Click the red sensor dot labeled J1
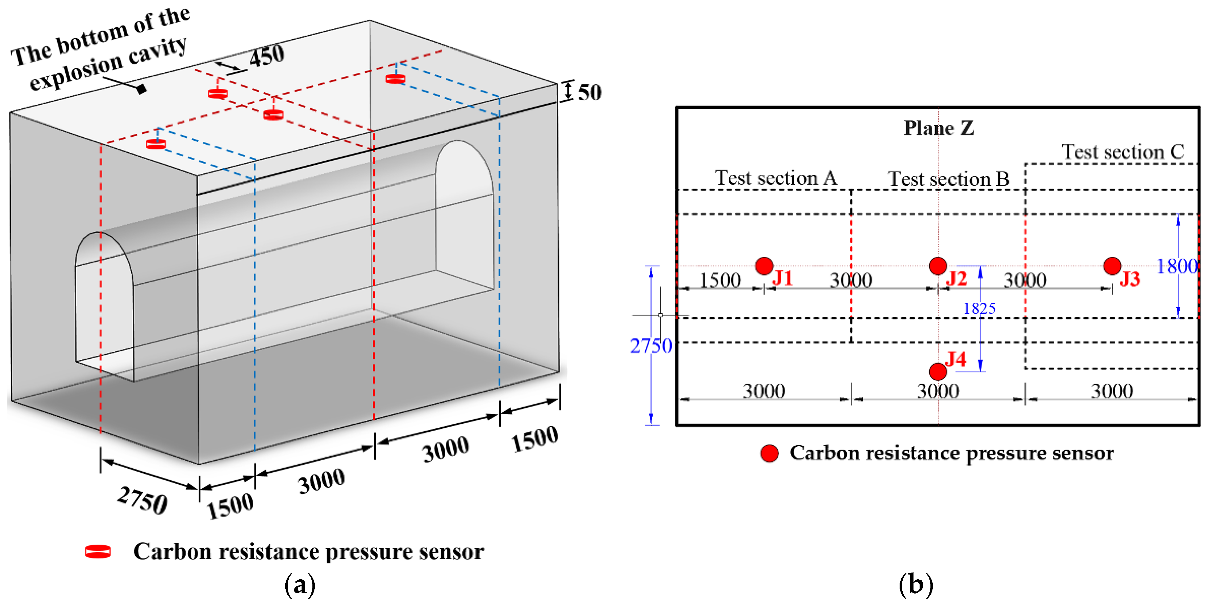coord(764,266)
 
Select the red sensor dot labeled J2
coord(938,266)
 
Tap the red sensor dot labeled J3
coord(1112,266)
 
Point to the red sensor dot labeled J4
coord(938,371)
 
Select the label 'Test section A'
coord(776,178)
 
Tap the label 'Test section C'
coord(1123,152)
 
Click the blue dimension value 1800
coord(1177,267)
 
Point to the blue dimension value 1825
coord(979,308)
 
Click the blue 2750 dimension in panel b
coord(651,346)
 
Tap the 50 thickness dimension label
coord(590,92)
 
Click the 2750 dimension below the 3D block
coord(142,501)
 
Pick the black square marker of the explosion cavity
coord(141,88)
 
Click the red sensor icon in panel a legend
coord(98,552)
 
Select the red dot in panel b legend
coord(769,453)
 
